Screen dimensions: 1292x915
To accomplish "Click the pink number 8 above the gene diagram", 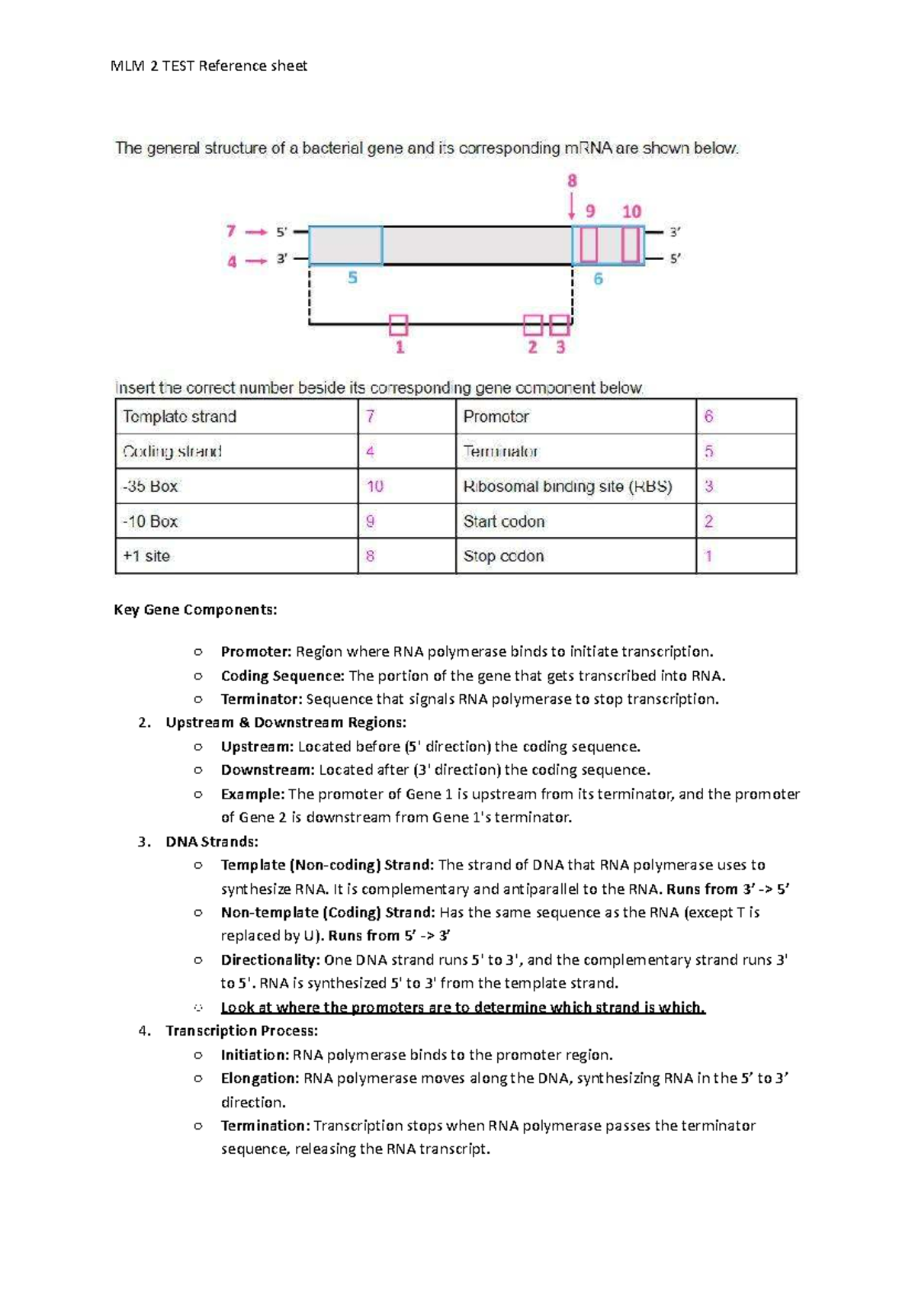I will (x=572, y=181).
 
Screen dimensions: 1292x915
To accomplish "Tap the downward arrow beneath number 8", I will (x=572, y=207).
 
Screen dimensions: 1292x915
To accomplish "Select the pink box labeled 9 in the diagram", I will (x=589, y=245).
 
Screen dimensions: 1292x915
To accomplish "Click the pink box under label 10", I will (x=630, y=245).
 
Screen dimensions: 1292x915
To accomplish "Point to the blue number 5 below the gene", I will (x=352, y=278).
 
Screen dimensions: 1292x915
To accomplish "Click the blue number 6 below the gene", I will (x=598, y=279).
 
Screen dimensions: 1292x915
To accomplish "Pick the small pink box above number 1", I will (x=398, y=326).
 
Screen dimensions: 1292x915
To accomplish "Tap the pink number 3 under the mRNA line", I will (x=560, y=348).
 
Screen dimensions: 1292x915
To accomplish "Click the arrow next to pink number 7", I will (x=257, y=232).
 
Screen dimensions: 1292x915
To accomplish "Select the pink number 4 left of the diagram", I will (x=232, y=262).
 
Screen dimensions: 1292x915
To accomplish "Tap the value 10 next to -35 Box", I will (x=375, y=486).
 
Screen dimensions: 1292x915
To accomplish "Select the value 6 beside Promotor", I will (x=708, y=416).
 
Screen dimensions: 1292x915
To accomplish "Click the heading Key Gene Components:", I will (x=195, y=609).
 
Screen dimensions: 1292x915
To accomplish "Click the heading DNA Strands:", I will (x=211, y=841).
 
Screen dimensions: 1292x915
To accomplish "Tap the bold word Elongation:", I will (x=259, y=1078).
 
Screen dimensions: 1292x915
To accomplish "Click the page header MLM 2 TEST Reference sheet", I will (x=209, y=66).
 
